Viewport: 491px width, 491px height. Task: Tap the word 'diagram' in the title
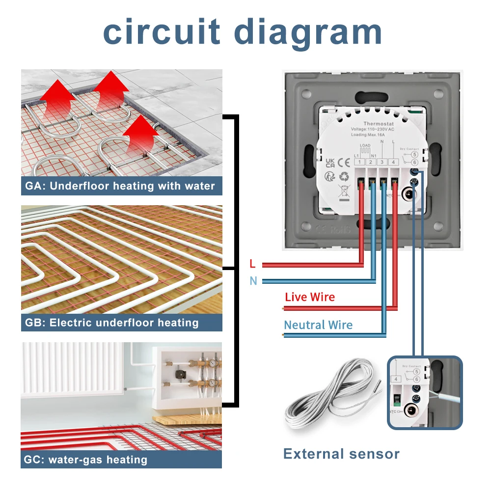coord(308,32)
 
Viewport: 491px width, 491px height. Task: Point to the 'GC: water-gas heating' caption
coord(85,460)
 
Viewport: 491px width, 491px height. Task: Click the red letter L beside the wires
coord(252,264)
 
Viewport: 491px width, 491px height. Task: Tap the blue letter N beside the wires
coord(253,281)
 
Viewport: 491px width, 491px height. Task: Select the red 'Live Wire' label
coord(310,297)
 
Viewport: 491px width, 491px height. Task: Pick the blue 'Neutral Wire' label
coord(318,325)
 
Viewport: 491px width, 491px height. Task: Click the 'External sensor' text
coord(341,454)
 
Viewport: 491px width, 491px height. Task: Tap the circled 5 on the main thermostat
coord(415,153)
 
